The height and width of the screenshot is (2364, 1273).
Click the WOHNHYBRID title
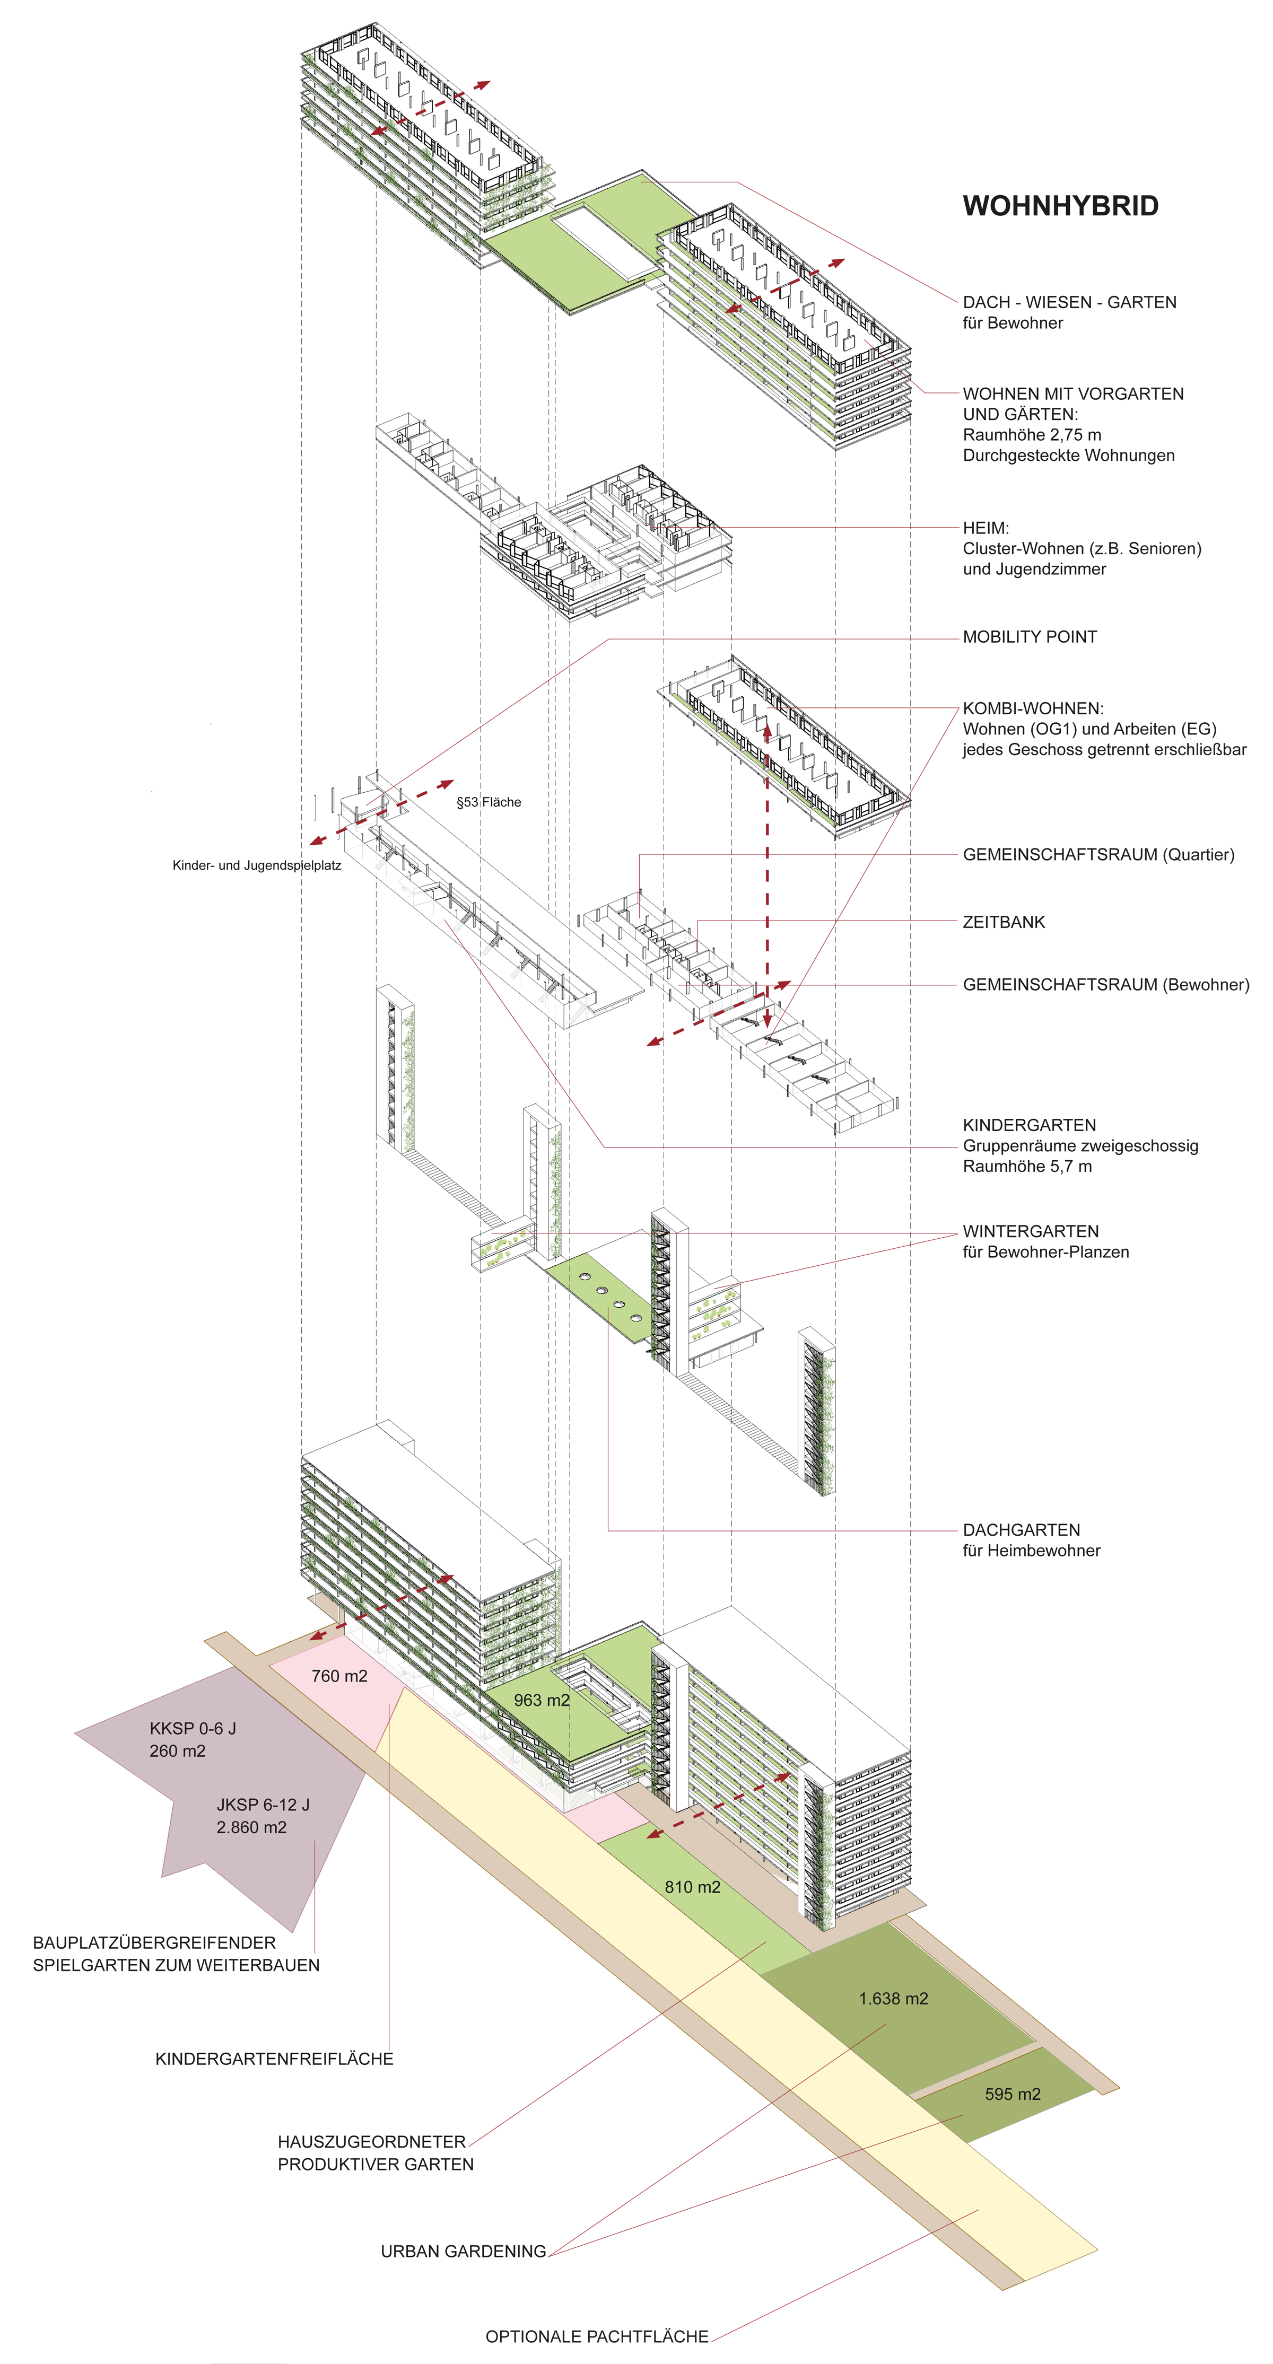point(1060,206)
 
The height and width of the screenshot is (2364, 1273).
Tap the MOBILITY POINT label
point(1029,637)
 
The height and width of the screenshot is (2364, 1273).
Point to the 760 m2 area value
point(339,1676)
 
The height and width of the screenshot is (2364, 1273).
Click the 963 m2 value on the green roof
point(542,1700)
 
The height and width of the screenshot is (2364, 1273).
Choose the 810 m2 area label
point(692,1905)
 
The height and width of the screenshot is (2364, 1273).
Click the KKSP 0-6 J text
point(193,1728)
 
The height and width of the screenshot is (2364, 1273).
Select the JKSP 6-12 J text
point(263,1804)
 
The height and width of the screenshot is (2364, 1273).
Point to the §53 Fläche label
point(489,802)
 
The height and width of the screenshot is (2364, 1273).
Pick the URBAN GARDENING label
point(464,2251)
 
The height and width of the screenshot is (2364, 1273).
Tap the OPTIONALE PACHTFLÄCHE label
point(597,2336)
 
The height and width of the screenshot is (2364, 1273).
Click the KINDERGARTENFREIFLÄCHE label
point(274,2059)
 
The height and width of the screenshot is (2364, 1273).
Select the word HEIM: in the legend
point(986,529)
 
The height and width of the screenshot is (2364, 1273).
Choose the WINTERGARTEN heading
point(1031,1231)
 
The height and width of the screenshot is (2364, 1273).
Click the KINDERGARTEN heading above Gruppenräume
point(1029,1125)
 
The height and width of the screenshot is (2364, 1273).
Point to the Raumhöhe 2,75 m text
point(1032,435)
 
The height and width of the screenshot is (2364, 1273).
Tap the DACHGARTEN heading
point(1022,1530)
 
